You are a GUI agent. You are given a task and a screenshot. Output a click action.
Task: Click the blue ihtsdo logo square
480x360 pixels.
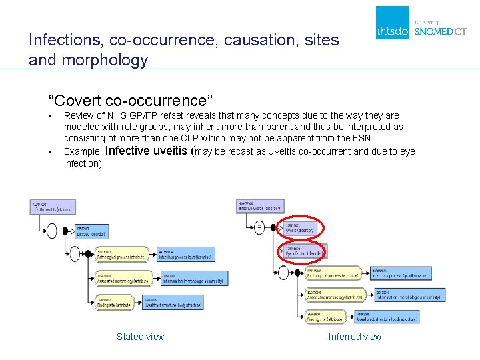point(393,23)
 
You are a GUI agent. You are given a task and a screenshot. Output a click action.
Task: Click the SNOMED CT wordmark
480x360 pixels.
point(441,31)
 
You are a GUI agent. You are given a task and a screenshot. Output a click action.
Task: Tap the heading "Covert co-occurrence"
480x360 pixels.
point(130,101)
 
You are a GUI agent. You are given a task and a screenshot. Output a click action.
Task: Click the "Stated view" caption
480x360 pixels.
point(140,337)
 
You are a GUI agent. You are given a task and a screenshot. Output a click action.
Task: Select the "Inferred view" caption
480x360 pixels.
point(355,337)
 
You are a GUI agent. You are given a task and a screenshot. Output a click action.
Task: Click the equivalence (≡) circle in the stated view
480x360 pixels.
point(53,231)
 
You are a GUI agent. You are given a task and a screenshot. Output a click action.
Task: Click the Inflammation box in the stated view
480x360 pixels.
point(194,278)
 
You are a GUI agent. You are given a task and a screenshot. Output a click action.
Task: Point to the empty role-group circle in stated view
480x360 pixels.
point(75,253)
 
